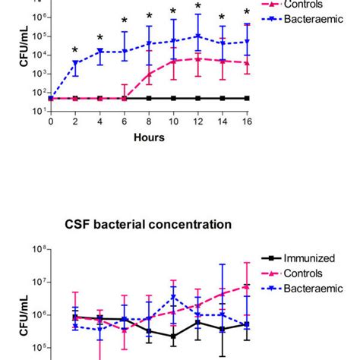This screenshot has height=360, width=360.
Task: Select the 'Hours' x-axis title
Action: [x=149, y=138]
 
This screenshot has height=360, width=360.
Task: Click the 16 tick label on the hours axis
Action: [x=247, y=122]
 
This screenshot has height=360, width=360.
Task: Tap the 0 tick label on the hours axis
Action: [x=51, y=122]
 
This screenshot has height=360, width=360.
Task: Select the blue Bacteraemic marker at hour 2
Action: [x=75, y=63]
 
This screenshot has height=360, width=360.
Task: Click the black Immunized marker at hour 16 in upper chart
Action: [x=247, y=98]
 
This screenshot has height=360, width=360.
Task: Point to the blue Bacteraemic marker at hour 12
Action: [x=198, y=36]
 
